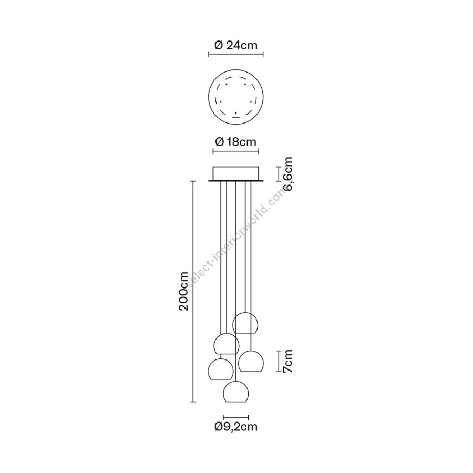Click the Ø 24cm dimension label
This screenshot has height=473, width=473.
click(236, 46)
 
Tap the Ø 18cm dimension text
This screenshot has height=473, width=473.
click(236, 141)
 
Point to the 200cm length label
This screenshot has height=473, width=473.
click(183, 291)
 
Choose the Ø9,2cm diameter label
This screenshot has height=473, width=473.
click(236, 427)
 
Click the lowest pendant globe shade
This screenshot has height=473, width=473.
click(235, 392)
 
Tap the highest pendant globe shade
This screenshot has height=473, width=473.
click(245, 323)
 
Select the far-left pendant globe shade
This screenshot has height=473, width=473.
click(221, 369)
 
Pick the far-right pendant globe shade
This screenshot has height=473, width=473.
click(251, 361)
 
